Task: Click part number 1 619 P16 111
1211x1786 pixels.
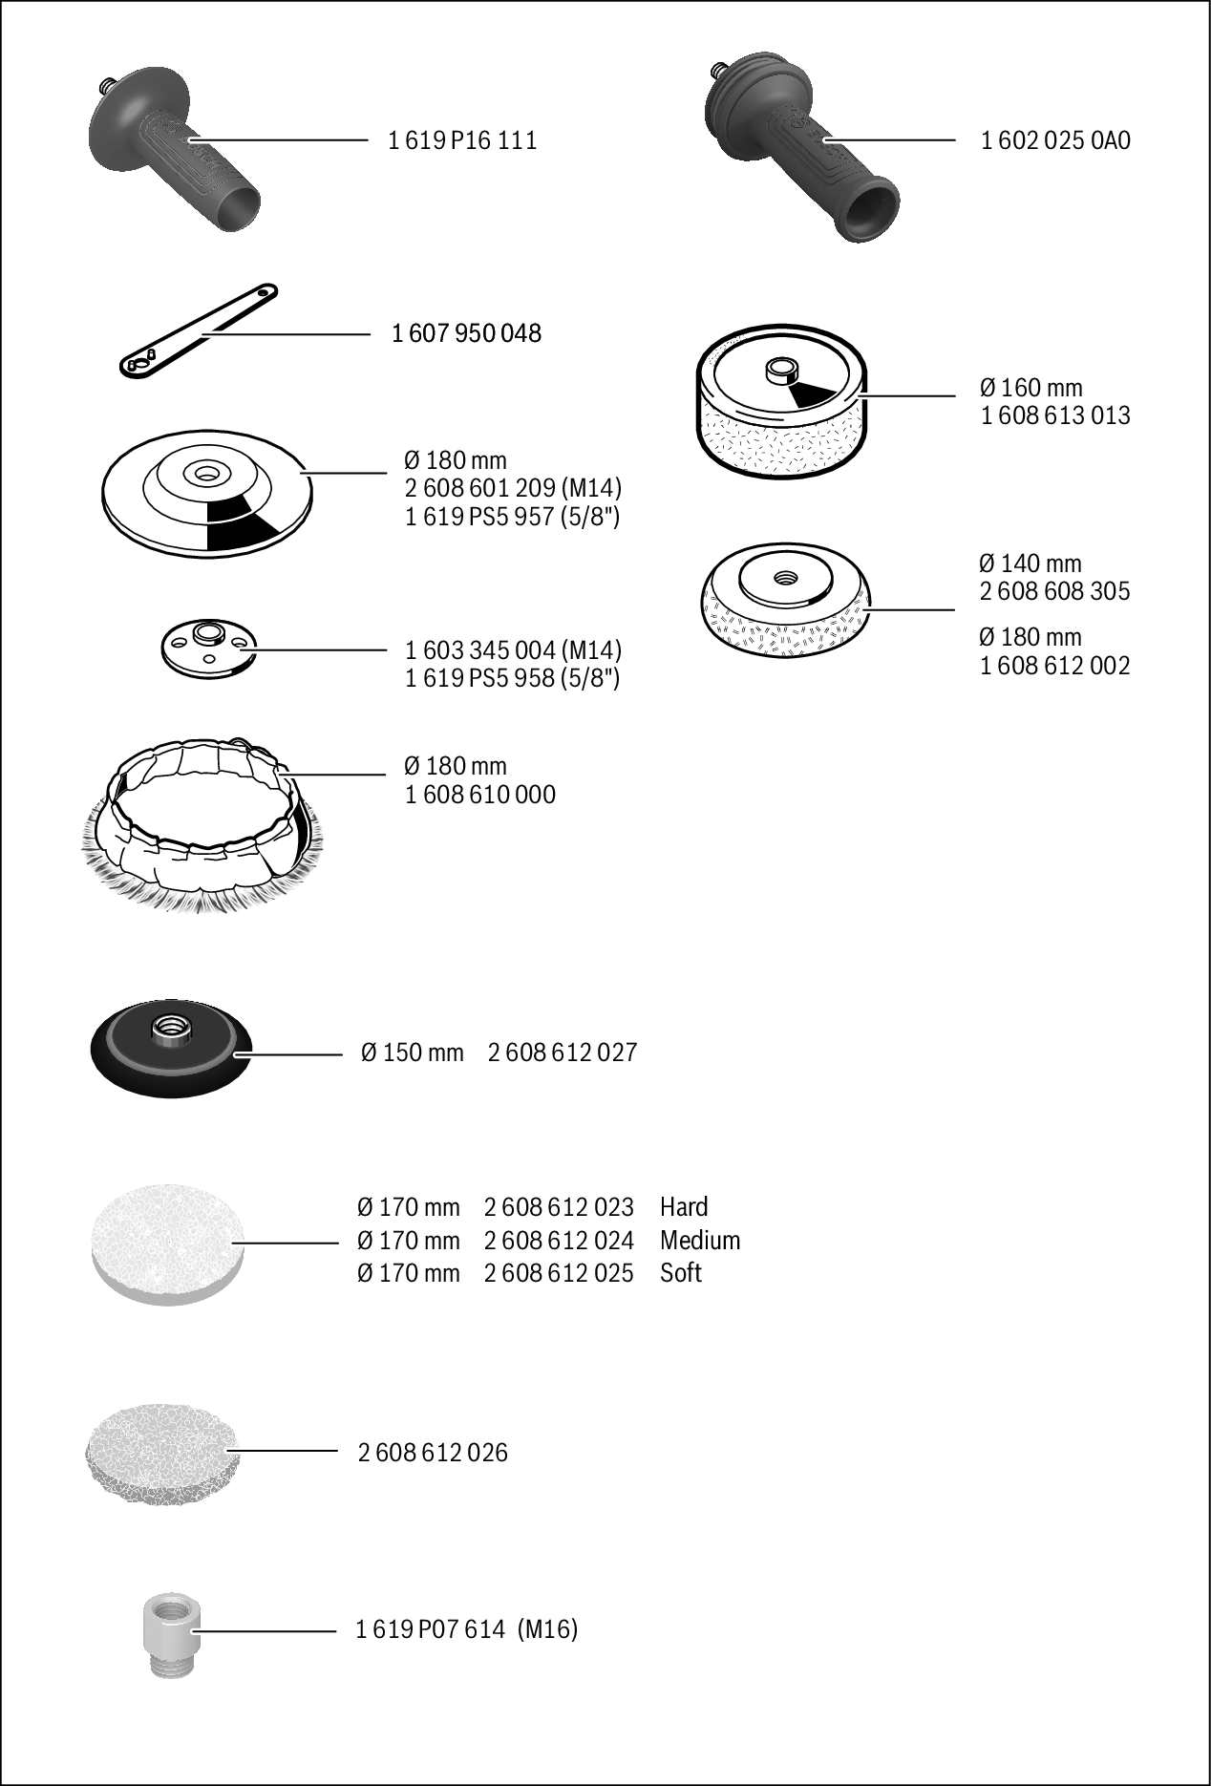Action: pyautogui.click(x=462, y=140)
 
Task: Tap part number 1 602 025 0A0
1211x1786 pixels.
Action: pyautogui.click(x=1055, y=140)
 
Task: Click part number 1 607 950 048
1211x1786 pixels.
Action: pyautogui.click(x=466, y=333)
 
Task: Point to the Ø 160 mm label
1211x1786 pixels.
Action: pyautogui.click(x=1030, y=388)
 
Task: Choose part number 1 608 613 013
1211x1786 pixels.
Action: pyautogui.click(x=1055, y=415)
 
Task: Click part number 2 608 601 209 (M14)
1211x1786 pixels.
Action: pyautogui.click(x=513, y=488)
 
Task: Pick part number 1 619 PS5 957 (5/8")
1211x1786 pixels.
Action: pyautogui.click(x=513, y=517)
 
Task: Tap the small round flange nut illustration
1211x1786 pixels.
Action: pyautogui.click(x=208, y=648)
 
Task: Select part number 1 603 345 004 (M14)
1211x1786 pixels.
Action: pyautogui.click(x=513, y=650)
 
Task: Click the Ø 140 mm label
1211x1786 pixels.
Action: pyautogui.click(x=1030, y=563)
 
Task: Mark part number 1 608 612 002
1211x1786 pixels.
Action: pyautogui.click(x=1055, y=666)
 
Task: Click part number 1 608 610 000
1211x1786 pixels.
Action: pyautogui.click(x=480, y=795)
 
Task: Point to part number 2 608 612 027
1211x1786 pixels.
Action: pyautogui.click(x=563, y=1052)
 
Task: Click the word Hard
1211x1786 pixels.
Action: pyautogui.click(x=684, y=1207)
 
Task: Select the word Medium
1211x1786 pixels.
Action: pyautogui.click(x=700, y=1241)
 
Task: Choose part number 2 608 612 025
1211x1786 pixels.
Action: pyautogui.click(x=559, y=1273)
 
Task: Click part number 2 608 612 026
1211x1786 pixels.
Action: pyautogui.click(x=433, y=1453)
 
